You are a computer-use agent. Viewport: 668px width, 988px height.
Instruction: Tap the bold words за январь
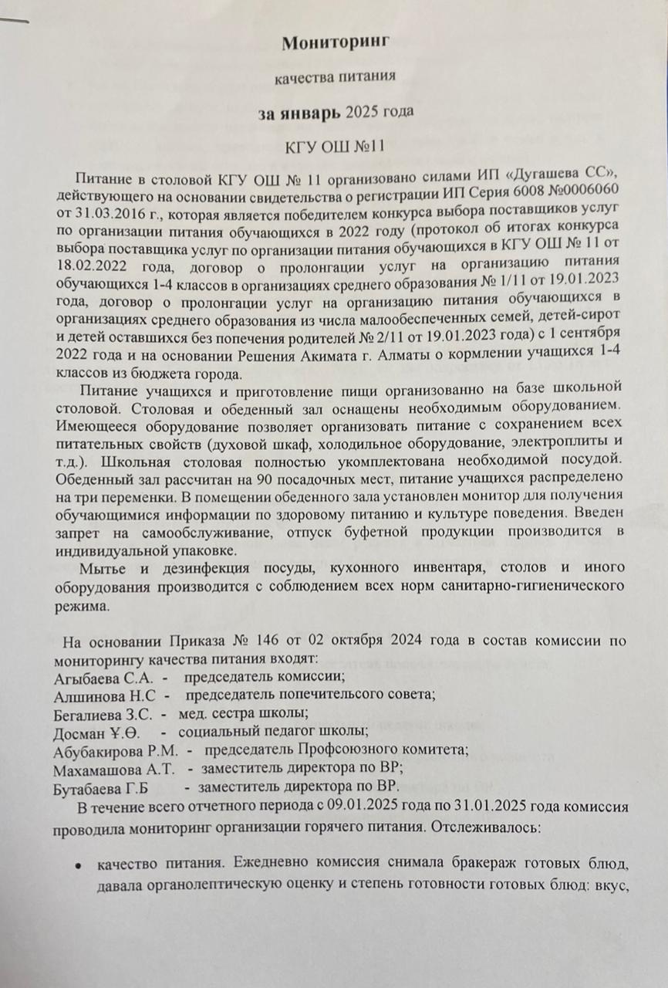coord(299,113)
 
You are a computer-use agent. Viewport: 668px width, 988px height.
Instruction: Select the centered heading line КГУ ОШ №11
coord(334,146)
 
